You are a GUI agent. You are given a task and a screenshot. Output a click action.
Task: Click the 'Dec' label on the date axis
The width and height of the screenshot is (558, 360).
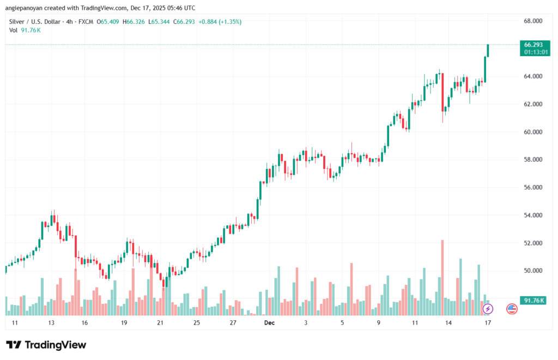(x=269, y=323)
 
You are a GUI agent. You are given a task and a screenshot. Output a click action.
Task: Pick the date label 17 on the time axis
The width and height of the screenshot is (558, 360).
(x=488, y=323)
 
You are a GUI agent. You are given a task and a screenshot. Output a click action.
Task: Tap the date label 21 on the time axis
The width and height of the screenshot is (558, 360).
(x=160, y=323)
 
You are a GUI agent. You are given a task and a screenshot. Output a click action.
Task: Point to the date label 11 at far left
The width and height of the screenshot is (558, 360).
(x=15, y=323)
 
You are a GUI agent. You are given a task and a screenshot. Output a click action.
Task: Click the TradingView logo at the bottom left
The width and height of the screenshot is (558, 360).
(x=46, y=345)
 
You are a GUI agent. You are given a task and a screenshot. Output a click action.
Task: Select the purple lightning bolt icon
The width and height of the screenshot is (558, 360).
(x=488, y=309)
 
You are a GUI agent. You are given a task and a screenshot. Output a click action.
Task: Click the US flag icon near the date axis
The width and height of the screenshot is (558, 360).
(x=512, y=309)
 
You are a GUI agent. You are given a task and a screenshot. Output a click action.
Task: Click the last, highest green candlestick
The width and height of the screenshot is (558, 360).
(x=488, y=50)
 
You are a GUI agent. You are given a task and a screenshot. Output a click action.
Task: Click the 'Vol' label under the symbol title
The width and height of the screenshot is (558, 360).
(x=14, y=30)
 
